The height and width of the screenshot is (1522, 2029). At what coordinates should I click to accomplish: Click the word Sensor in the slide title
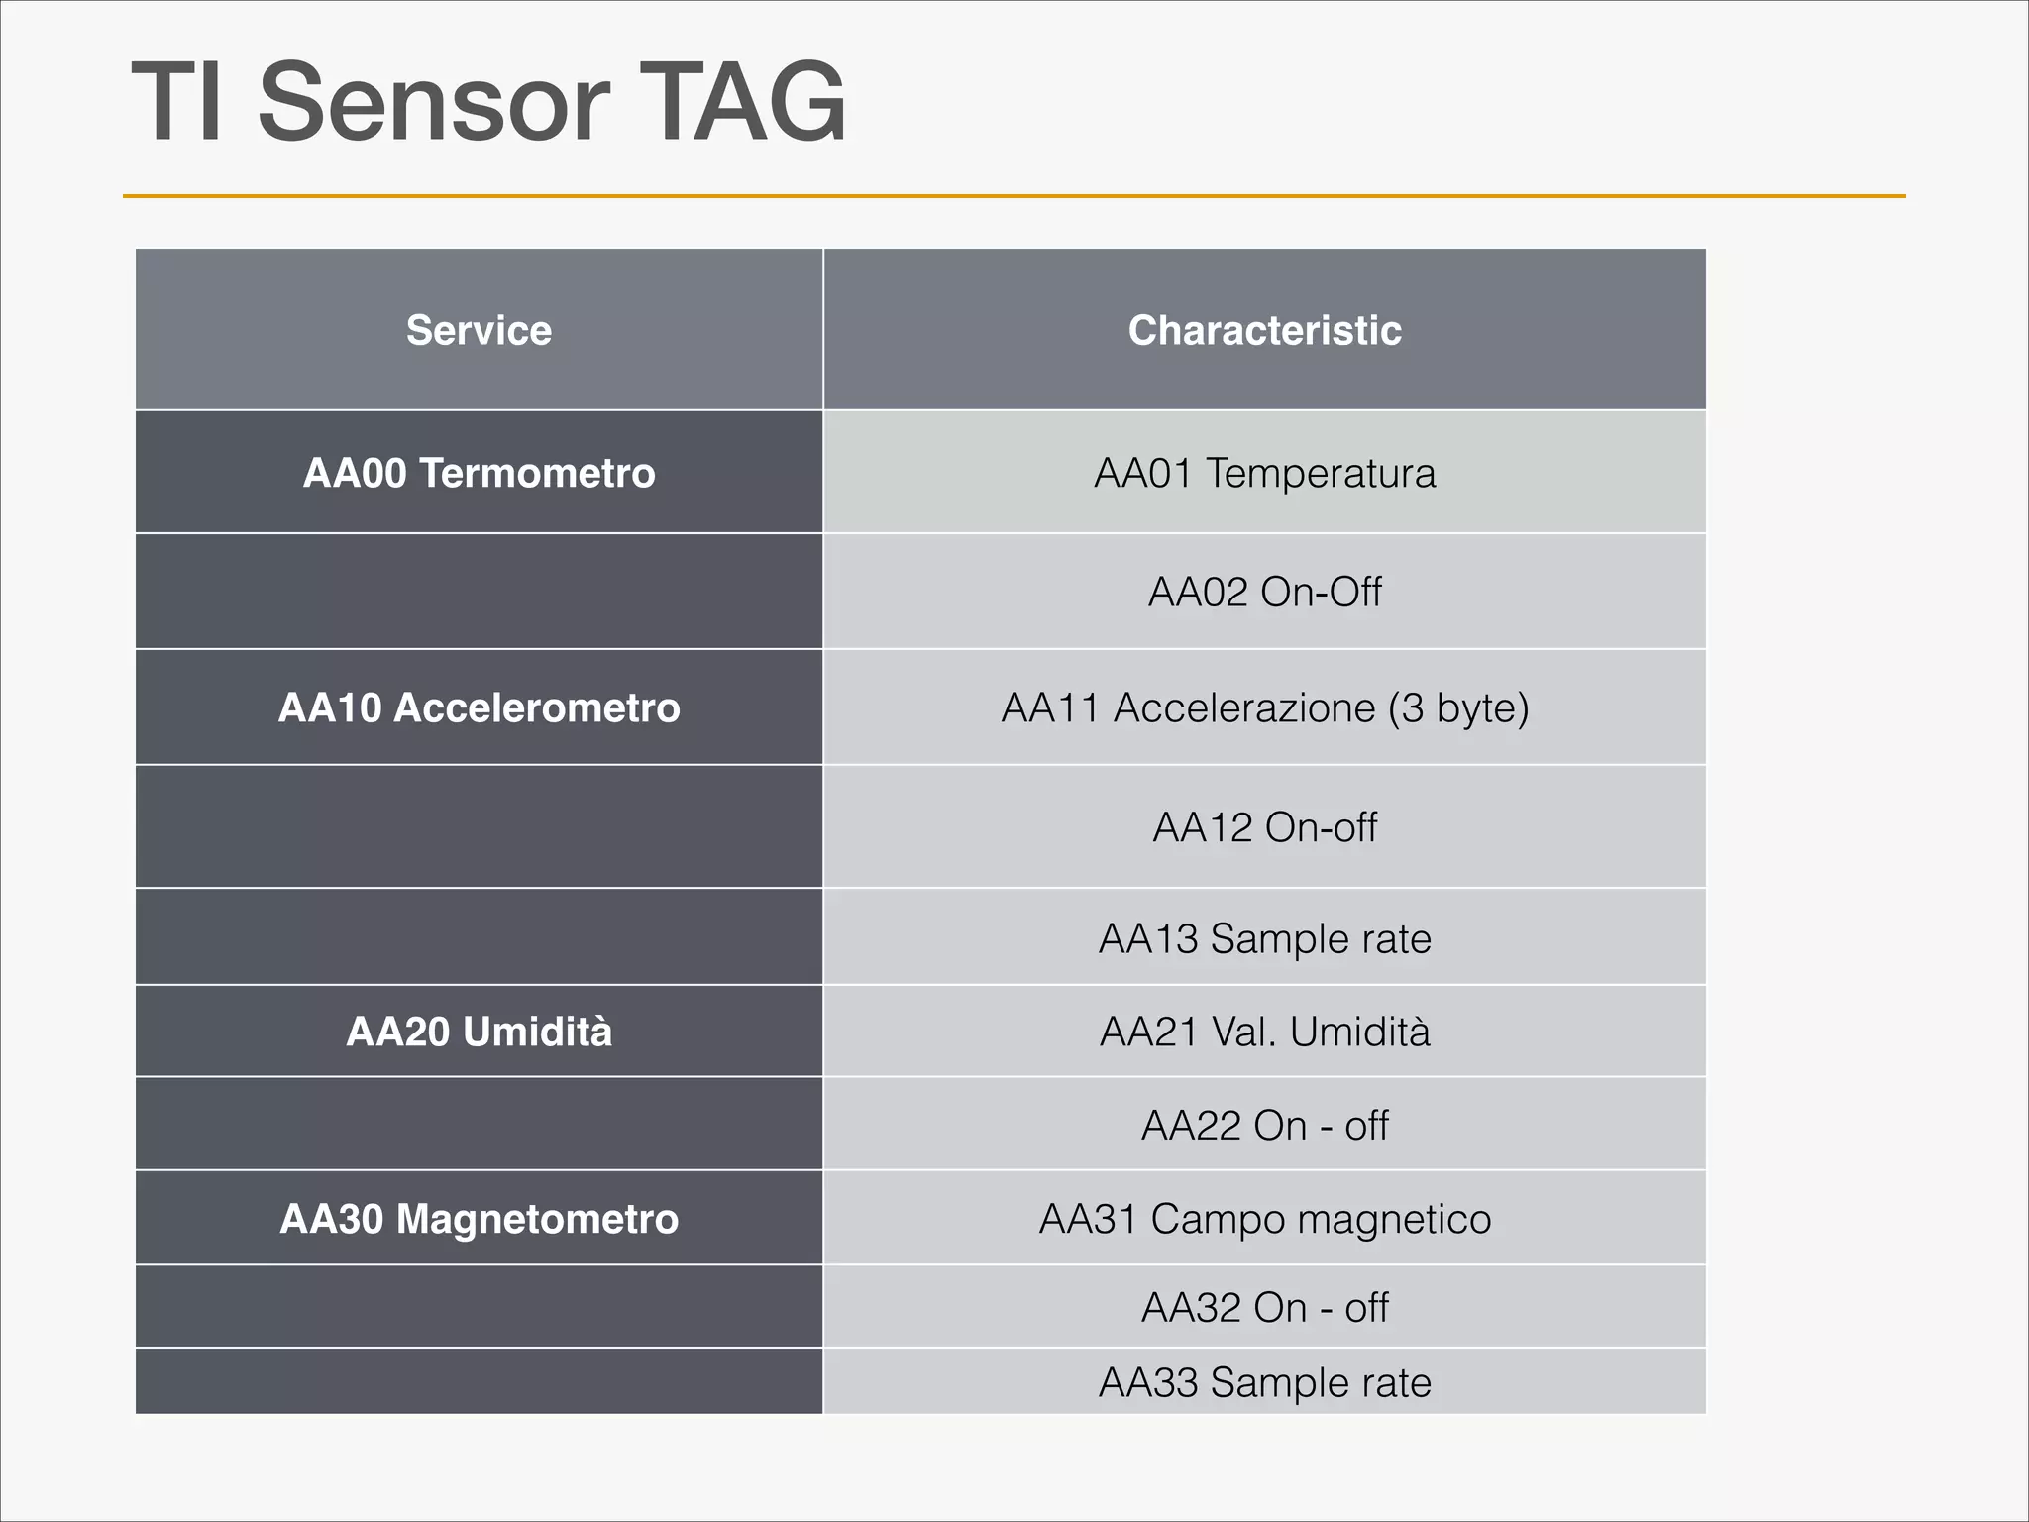(x=433, y=102)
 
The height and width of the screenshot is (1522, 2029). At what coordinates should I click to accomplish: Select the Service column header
(x=479, y=330)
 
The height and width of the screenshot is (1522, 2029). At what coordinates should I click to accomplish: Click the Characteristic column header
(x=1264, y=330)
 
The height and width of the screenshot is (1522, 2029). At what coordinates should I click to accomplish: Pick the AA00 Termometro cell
(x=479, y=473)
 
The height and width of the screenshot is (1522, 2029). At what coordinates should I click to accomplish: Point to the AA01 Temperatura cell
(x=1264, y=473)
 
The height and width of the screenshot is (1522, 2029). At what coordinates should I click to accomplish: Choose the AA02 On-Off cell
(x=1264, y=592)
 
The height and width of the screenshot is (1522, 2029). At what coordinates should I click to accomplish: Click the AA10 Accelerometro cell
(x=479, y=707)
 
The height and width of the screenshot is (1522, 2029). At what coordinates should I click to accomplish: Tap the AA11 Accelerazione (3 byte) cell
(x=1264, y=707)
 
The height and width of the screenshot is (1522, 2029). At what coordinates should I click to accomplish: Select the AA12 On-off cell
(x=1264, y=826)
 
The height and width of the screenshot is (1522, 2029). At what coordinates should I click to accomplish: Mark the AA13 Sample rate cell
(x=1264, y=938)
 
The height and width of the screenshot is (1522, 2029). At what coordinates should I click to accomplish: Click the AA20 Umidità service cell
(x=479, y=1032)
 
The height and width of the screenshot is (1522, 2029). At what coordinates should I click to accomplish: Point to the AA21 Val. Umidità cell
(x=1264, y=1032)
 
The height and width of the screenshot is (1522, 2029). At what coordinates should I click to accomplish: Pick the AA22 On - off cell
(x=1264, y=1125)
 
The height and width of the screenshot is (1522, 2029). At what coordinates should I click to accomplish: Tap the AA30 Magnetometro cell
(x=479, y=1219)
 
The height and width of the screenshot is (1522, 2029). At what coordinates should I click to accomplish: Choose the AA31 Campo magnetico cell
(x=1264, y=1219)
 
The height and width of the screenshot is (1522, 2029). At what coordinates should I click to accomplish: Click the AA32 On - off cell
(x=1264, y=1307)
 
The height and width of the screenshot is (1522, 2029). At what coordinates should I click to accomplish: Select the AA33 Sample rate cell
(x=1264, y=1382)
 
